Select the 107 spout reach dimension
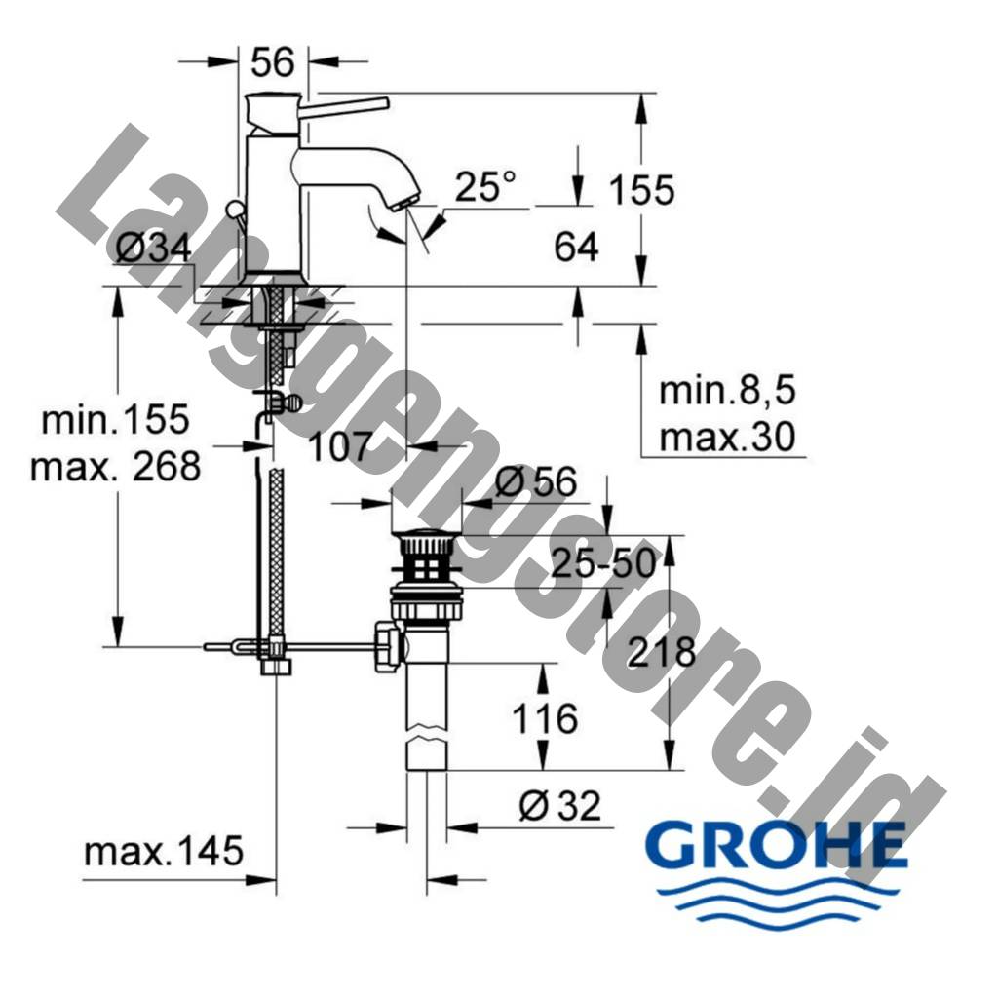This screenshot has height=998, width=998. (339, 446)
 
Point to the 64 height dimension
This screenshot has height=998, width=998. (576, 247)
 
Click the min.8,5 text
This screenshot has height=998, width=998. (727, 390)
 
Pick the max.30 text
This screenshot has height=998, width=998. (727, 438)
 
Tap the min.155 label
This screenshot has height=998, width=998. (115, 419)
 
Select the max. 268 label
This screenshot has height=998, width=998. (115, 465)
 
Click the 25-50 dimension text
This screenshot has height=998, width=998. (602, 563)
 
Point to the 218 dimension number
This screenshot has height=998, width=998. (662, 652)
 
